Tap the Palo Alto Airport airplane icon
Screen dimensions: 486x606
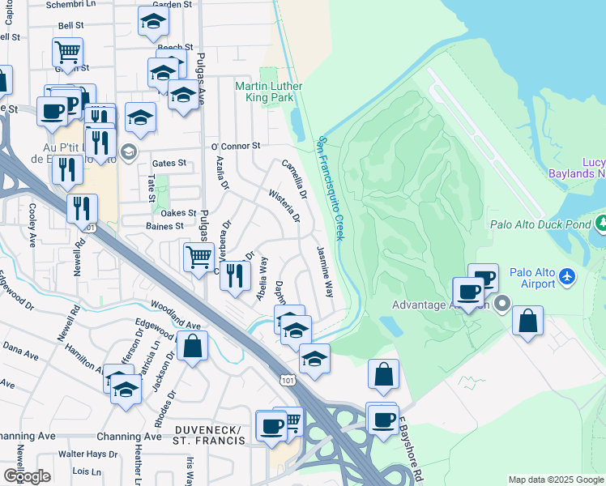pos(566,277)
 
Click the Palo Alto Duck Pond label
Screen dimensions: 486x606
pos(541,224)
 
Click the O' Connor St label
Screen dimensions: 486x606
pos(235,147)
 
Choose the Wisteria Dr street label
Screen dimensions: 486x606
pos(284,207)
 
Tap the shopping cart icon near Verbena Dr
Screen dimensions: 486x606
pos(198,258)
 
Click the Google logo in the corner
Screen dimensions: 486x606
pos(27,476)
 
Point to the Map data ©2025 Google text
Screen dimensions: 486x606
pos(555,480)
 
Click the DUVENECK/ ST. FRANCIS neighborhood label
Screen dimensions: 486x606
pos(208,434)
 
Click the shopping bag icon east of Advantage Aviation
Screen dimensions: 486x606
pos(527,321)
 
